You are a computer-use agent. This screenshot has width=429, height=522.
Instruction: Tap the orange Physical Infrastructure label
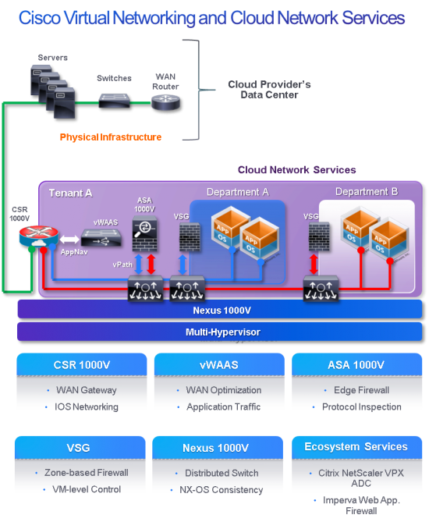point(111,137)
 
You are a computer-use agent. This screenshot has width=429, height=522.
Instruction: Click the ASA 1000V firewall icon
point(144,227)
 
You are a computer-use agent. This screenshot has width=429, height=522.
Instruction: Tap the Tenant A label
point(71,193)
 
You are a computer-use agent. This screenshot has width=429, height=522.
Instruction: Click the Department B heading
point(366,192)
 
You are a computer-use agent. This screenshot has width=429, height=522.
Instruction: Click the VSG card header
point(80,448)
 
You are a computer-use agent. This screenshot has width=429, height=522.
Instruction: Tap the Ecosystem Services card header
point(356,447)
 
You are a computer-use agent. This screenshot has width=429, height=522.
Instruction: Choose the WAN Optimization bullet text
point(222,390)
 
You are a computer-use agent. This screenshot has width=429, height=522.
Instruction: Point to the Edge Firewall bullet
point(360,390)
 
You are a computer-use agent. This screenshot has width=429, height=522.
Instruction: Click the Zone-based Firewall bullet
point(87,473)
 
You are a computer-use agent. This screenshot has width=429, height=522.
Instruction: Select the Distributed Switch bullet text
point(222,473)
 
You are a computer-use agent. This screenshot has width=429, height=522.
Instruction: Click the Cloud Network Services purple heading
point(296,169)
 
